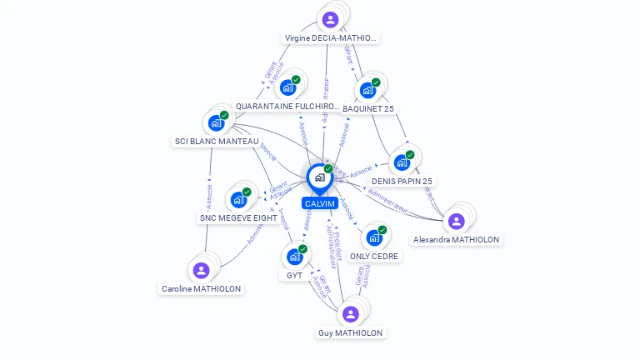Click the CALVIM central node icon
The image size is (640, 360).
click(319, 177)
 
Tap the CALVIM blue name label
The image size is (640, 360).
click(319, 203)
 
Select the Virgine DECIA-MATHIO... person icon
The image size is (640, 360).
click(330, 19)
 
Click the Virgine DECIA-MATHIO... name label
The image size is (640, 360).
click(331, 37)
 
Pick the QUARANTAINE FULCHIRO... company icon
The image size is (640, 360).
click(287, 87)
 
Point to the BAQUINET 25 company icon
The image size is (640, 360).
click(367, 90)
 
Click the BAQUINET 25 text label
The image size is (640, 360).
click(368, 108)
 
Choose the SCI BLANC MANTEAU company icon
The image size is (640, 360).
click(216, 122)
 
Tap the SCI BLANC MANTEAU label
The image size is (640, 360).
click(217, 142)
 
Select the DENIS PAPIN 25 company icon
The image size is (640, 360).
click(402, 162)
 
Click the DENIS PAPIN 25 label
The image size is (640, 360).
click(402, 181)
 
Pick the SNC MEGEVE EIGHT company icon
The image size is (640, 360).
click(238, 199)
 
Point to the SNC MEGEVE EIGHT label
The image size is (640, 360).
click(238, 218)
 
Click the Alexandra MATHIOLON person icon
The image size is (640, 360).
click(456, 221)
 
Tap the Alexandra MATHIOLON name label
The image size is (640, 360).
click(457, 239)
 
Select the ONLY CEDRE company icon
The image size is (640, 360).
click(374, 237)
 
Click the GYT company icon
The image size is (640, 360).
click(294, 257)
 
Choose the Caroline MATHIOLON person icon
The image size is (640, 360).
click(201, 270)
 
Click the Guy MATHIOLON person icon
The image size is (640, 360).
click(350, 314)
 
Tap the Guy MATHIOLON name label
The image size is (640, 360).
click(351, 332)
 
